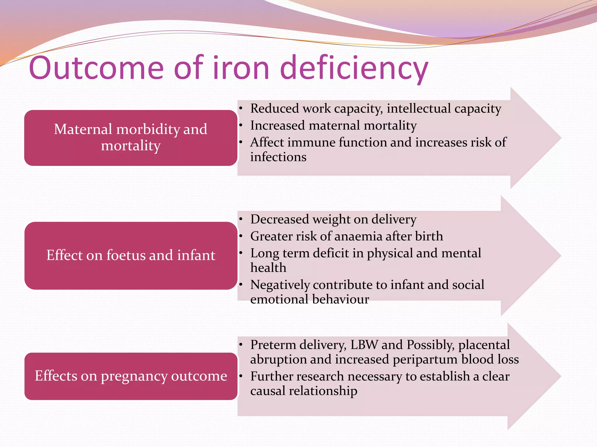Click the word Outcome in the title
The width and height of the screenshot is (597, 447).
[x=96, y=68]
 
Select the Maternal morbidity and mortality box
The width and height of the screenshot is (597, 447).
[x=131, y=138]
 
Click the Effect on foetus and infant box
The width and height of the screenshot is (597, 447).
[x=131, y=256]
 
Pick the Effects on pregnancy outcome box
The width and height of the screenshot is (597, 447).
[x=131, y=376]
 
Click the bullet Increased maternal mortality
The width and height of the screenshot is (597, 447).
[x=333, y=125]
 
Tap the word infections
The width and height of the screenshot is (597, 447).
[x=278, y=157]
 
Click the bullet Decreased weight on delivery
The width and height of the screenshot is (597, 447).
[x=333, y=219]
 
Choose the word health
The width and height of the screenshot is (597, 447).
[x=268, y=267]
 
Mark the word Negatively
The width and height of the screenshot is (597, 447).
[x=280, y=285]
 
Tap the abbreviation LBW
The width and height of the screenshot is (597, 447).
[x=364, y=345]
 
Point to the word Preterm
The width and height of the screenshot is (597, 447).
[x=273, y=345]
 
